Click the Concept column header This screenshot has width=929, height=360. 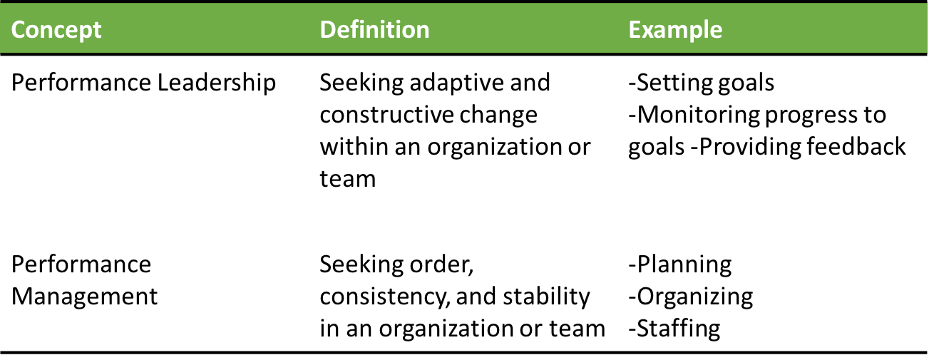click(x=57, y=30)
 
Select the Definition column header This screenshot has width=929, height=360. click(x=374, y=30)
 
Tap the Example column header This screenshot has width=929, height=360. click(x=675, y=30)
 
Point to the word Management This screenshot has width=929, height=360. click(x=85, y=296)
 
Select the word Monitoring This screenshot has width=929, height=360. click(x=701, y=115)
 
